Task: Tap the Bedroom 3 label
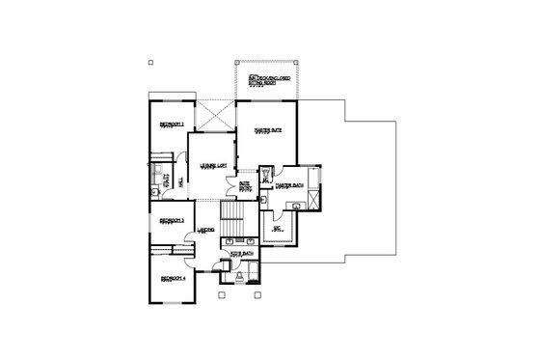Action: (x=172, y=221)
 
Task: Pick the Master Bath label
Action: (x=289, y=184)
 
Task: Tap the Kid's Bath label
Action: (x=241, y=254)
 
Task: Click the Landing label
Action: (x=206, y=230)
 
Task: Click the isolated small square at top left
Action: (x=151, y=63)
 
